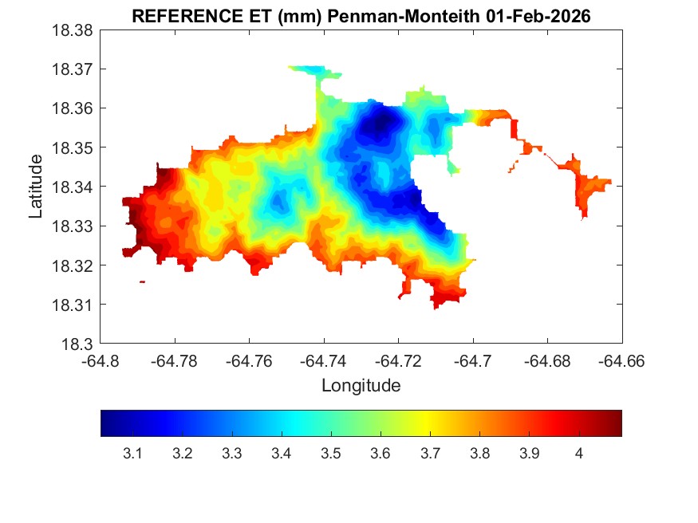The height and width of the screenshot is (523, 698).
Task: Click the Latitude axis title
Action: point(36,187)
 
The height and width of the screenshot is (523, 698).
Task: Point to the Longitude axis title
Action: point(361,386)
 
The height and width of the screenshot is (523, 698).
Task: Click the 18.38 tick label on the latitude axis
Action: point(73,30)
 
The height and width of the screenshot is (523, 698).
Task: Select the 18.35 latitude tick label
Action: point(73,147)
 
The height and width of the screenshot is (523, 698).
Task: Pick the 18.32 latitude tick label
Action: point(73,265)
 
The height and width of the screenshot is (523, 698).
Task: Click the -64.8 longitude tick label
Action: point(101,360)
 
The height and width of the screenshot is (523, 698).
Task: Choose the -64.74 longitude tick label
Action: point(324,360)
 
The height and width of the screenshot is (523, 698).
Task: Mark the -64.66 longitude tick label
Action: point(621,360)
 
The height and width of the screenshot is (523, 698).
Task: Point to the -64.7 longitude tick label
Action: point(474,360)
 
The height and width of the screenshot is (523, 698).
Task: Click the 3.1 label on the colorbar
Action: point(132,454)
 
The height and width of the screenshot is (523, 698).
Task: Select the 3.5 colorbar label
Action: point(331,454)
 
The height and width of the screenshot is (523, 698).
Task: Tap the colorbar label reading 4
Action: point(579,454)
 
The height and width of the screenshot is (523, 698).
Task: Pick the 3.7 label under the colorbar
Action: point(430,454)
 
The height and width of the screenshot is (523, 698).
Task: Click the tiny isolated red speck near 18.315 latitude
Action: point(142,281)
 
